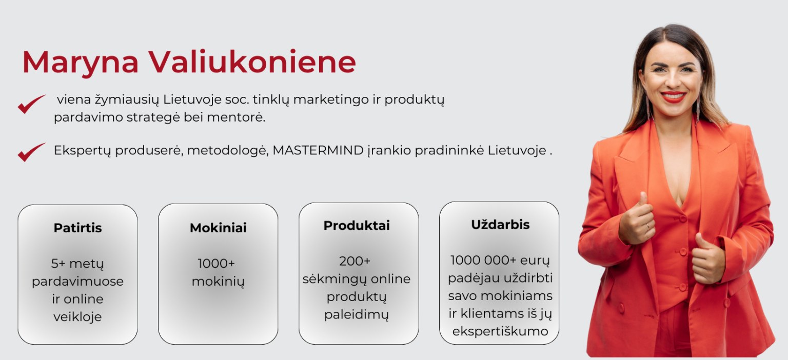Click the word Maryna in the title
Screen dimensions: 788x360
tap(80, 63)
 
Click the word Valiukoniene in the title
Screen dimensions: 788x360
tap(252, 62)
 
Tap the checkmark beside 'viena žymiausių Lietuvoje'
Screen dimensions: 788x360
tap(32, 104)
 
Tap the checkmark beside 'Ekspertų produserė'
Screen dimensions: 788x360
tap(32, 152)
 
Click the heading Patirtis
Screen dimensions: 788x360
tap(78, 228)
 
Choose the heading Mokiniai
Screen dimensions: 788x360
tap(218, 228)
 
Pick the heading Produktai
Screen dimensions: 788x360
tap(357, 226)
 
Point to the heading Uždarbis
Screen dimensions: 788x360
tap(500, 225)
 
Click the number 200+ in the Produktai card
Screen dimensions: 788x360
tap(354, 261)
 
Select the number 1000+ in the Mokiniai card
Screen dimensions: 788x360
tap(216, 264)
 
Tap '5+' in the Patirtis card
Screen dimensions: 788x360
tap(58, 264)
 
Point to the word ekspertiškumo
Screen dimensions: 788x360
tap(500, 331)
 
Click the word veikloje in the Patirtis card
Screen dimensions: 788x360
tap(77, 317)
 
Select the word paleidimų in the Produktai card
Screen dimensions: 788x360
tap(357, 315)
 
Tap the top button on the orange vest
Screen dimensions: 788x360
tap(683, 218)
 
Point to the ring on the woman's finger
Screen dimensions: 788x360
tap(647, 226)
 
